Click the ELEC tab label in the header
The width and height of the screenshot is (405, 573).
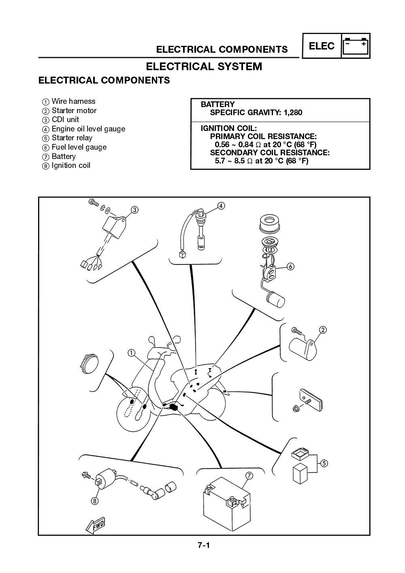click(322, 46)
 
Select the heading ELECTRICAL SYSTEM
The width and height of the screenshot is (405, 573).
click(204, 67)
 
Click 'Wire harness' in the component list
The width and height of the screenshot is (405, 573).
click(73, 101)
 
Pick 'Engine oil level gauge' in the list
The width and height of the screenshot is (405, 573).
click(88, 129)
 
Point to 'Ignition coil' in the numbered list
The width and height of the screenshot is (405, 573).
click(71, 165)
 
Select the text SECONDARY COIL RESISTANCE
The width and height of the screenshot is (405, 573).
click(269, 152)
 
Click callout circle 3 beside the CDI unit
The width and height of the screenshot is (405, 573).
click(134, 210)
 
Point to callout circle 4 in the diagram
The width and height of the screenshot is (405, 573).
click(221, 206)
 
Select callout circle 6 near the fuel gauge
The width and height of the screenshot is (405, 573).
click(290, 266)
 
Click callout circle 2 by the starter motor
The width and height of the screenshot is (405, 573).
click(323, 330)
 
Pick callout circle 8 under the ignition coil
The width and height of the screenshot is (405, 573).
click(94, 501)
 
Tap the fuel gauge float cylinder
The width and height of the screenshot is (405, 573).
click(275, 300)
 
